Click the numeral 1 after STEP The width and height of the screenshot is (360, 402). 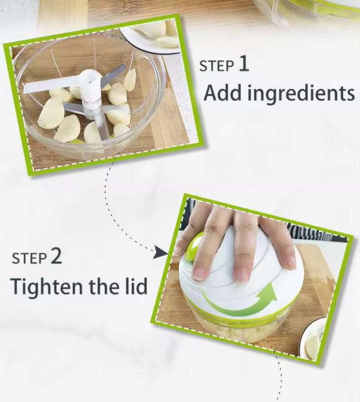pos(244,64)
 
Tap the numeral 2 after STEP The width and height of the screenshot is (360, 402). pos(56,256)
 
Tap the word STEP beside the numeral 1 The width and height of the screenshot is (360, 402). pos(217,66)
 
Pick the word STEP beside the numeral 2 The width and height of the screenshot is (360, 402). pos(29,258)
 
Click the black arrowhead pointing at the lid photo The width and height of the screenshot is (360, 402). pos(161,254)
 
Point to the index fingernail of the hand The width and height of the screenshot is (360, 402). pos(199,274)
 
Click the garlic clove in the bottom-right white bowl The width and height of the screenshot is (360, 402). pos(313,345)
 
